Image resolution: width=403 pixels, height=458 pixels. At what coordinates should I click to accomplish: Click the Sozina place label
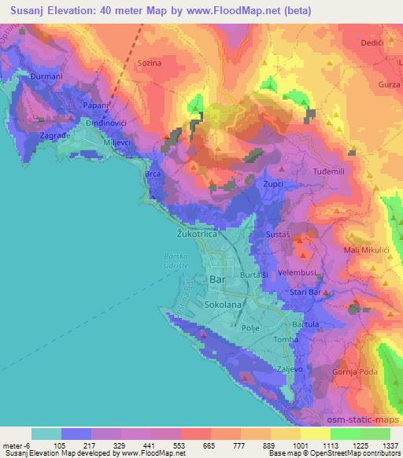pos(149,61)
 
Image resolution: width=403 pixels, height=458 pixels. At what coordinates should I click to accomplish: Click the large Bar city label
pos(218,279)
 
